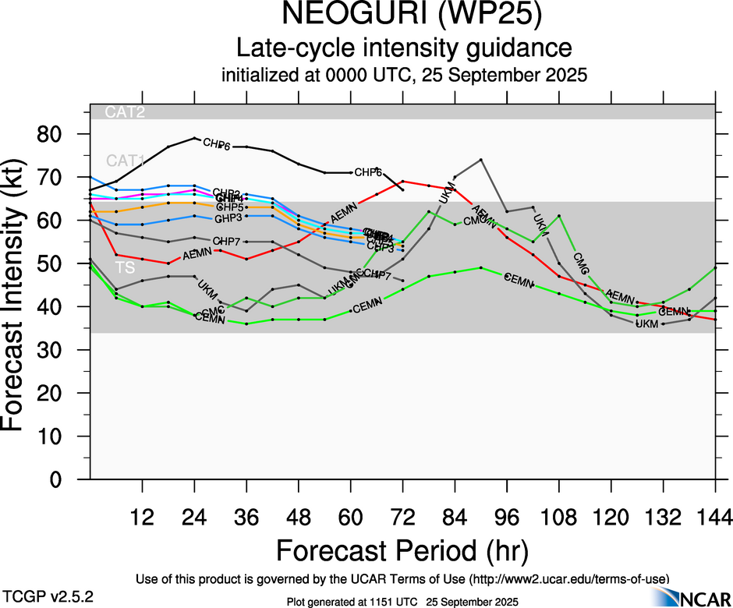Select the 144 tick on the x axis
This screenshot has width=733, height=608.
(715, 516)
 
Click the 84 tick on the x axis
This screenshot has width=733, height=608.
(455, 516)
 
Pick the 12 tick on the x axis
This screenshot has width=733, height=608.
(143, 516)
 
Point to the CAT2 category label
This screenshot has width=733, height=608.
(126, 112)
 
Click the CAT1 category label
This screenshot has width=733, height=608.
(126, 161)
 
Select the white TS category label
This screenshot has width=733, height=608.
(124, 267)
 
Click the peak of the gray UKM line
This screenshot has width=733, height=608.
(480, 160)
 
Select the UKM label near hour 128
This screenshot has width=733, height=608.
(646, 323)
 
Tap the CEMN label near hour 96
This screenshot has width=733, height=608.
(518, 278)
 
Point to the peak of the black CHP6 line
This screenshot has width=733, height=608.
(194, 138)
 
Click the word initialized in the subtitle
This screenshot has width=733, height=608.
(257, 76)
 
